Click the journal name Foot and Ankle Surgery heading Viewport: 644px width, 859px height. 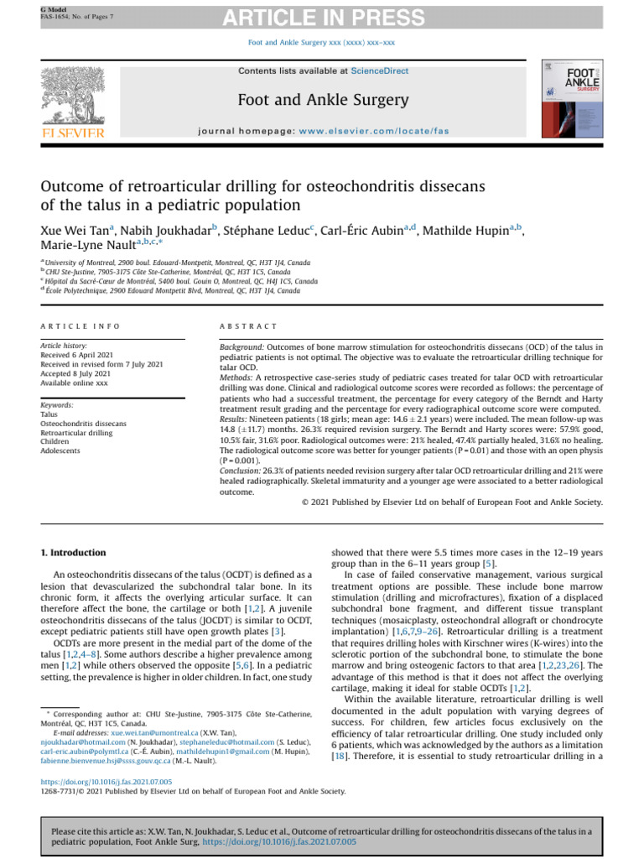(322, 101)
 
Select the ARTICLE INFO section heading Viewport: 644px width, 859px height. (80, 325)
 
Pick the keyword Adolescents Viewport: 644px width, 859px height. (61, 450)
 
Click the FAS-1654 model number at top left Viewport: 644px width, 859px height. (54, 16)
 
